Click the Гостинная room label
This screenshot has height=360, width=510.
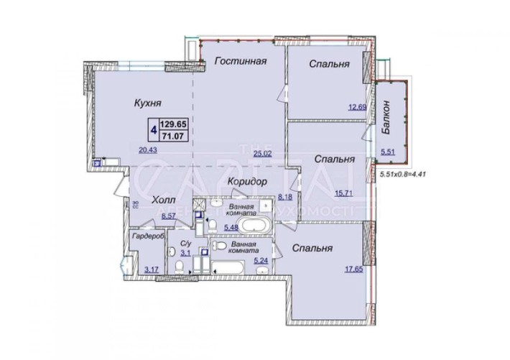241,62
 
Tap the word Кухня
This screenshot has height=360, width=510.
147,103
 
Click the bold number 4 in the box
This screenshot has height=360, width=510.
154,129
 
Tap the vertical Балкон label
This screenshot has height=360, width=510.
387,119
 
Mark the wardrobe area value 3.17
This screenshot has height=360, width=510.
151,269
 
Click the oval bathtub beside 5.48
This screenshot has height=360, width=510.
256,229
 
